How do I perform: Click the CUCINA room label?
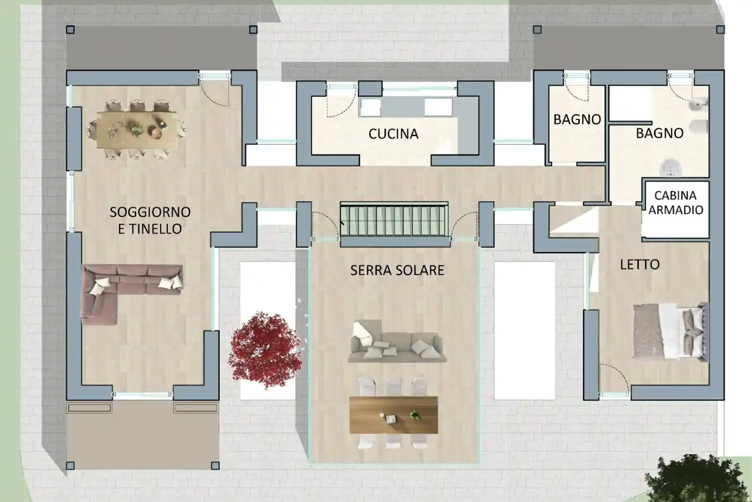(393, 134)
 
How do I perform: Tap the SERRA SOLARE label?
(397, 270)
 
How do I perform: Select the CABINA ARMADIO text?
(676, 203)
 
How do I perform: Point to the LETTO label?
(639, 264)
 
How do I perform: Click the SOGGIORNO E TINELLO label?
(150, 220)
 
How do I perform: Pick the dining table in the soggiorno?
(136, 130)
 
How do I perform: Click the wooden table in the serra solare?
(393, 415)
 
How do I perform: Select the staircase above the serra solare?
(394, 220)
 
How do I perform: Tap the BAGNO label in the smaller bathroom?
(577, 120)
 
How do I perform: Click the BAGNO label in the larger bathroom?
(659, 133)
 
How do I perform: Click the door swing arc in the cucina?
(342, 103)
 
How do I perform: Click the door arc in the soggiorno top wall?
(214, 93)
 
